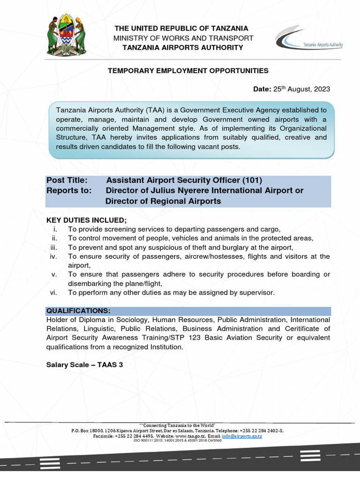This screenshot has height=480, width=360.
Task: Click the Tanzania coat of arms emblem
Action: point(66,36)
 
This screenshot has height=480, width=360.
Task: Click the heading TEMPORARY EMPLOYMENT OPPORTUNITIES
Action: point(188,71)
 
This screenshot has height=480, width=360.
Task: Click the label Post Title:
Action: point(67,180)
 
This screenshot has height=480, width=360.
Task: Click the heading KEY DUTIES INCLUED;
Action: point(86,220)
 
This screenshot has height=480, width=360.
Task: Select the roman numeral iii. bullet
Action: point(53,247)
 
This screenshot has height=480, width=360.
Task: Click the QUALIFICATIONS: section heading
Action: point(78,311)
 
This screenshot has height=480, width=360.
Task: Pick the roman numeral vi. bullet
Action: point(53,292)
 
